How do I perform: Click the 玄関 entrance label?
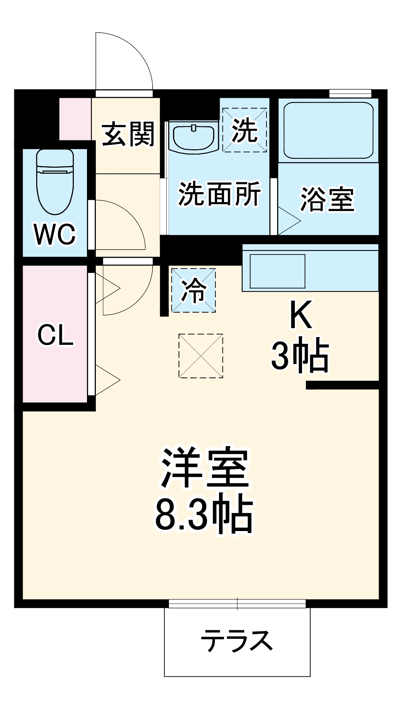coord(128,134)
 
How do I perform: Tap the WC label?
coord(55,234)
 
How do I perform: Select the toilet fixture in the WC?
coord(55,181)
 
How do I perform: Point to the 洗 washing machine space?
coord(245,130)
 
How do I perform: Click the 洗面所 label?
coord(219,194)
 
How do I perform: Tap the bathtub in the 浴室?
coord(328,130)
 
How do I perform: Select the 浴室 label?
coord(327,199)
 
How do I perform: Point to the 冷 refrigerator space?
coord(194,290)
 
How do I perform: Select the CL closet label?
coord(56,335)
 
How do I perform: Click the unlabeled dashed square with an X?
coord(201,356)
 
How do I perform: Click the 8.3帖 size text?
coord(204,514)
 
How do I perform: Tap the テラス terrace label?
coord(237,641)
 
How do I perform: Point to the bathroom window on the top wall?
coord(350,93)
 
